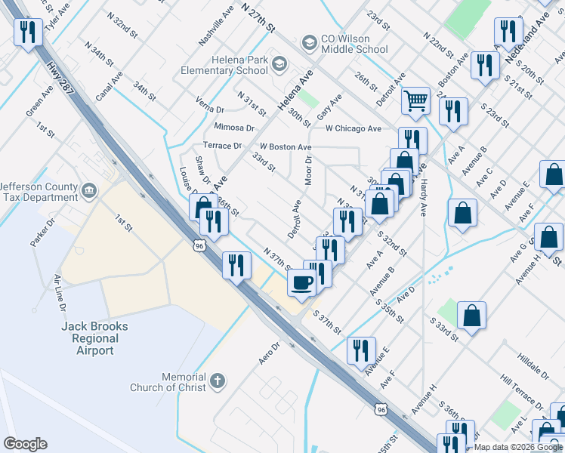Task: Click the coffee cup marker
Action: tap(302, 283)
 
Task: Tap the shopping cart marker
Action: tap(415, 100)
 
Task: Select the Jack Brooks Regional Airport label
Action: tap(94, 338)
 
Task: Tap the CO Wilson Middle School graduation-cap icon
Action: tap(308, 42)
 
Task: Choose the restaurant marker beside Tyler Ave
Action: tap(27, 32)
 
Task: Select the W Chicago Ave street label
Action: tap(354, 129)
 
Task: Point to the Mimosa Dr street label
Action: tap(233, 128)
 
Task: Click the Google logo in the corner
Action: tap(25, 444)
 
